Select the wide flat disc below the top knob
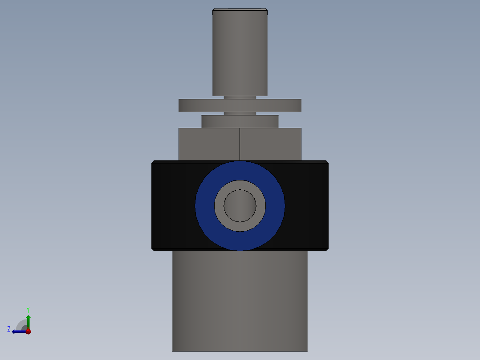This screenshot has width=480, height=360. pyautogui.click(x=240, y=106)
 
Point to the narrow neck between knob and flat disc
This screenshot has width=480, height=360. pyautogui.click(x=240, y=97)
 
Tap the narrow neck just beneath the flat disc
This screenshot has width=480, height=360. pyautogui.click(x=240, y=114)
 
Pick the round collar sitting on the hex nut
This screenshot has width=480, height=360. pyautogui.click(x=240, y=122)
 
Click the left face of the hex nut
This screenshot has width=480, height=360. pyautogui.click(x=209, y=144)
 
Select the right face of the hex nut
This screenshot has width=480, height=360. pyautogui.click(x=270, y=144)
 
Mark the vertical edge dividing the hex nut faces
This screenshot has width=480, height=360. pyautogui.click(x=240, y=144)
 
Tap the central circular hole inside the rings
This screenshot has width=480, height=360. pyautogui.click(x=240, y=205)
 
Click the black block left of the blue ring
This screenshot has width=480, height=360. pyautogui.click(x=173, y=205)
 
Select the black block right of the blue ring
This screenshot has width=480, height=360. pyautogui.click(x=306, y=205)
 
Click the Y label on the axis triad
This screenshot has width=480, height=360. pyautogui.click(x=28, y=309)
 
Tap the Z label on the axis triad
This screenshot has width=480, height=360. pyautogui.click(x=9, y=329)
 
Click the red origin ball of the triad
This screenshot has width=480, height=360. pyautogui.click(x=28, y=331)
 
